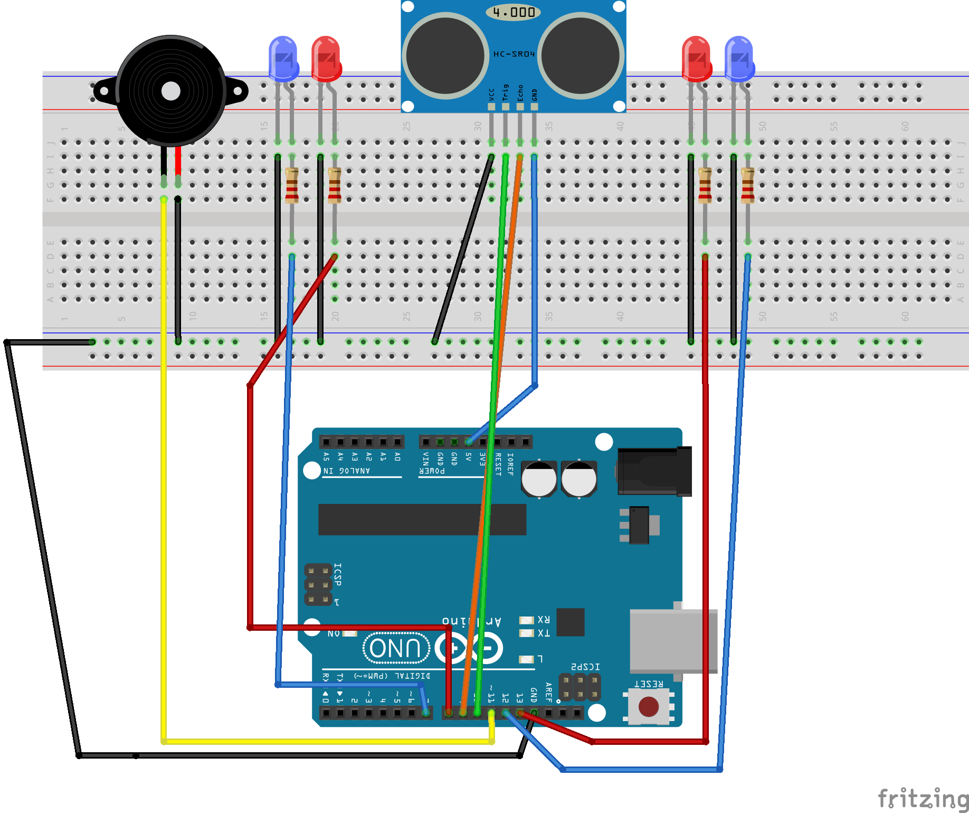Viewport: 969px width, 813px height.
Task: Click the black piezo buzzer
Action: [170, 91]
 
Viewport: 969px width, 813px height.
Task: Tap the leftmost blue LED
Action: [283, 58]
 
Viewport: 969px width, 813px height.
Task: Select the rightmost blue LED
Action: [739, 58]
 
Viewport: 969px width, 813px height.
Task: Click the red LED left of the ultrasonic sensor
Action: [326, 58]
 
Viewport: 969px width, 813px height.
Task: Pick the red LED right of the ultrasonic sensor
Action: [696, 58]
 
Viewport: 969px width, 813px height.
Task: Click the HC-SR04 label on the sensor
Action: [514, 54]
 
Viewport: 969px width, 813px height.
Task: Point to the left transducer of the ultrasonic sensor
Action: [445, 55]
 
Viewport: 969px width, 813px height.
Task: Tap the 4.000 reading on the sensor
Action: [513, 12]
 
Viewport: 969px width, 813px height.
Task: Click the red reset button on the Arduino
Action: [648, 706]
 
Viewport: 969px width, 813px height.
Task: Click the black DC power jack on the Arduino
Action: [654, 471]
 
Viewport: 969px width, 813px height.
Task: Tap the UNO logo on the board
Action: [395, 648]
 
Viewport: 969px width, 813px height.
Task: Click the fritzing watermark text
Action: [923, 798]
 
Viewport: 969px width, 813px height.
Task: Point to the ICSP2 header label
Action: [585, 667]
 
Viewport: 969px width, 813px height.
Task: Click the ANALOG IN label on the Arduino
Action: [347, 471]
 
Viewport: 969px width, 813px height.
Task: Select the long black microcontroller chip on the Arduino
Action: [422, 519]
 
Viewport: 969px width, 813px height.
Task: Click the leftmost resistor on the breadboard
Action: [292, 185]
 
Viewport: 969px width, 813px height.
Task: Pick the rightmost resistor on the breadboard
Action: [747, 185]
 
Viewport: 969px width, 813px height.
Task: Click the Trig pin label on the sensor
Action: [506, 92]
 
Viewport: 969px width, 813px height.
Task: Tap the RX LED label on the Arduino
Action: [543, 619]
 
